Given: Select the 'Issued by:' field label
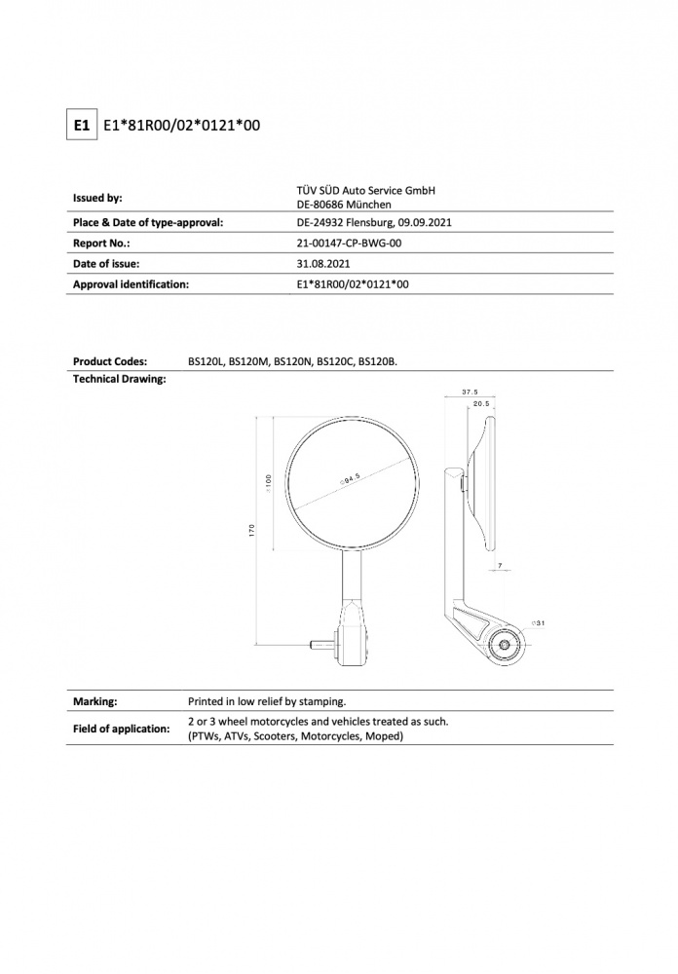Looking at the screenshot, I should coord(97,198).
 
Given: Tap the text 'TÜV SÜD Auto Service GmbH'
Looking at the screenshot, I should coord(366,190).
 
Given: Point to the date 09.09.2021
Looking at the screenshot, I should coord(423,222).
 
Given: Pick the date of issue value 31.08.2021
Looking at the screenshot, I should coord(322,264).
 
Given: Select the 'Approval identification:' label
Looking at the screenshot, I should coord(131,284).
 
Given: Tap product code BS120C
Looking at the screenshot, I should coord(335,361).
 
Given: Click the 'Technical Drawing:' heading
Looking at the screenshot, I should coord(119,378).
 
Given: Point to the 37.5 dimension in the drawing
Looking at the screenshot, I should coord(470,393).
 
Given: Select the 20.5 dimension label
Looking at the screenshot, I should coord(480,403).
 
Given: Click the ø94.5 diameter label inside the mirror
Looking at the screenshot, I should coord(351,478).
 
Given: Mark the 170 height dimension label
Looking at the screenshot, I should coord(252,532).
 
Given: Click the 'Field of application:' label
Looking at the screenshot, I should coord(121,729).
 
